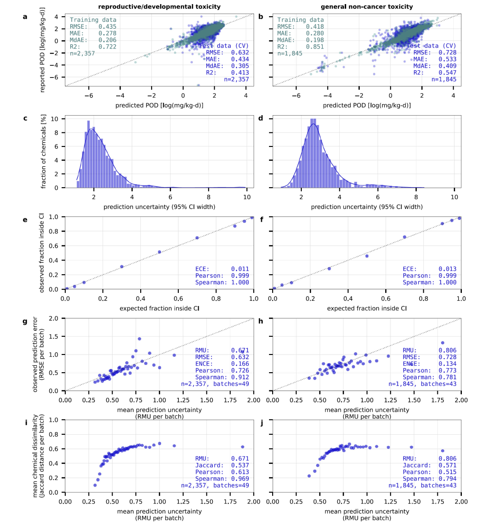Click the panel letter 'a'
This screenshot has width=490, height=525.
[25, 17]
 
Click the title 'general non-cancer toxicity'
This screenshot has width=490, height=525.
[367, 7]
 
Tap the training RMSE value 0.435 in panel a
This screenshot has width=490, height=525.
[107, 27]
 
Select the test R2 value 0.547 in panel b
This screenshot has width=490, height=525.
[447, 73]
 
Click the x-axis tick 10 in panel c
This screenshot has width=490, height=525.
[247, 197]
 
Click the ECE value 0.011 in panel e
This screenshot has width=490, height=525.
[240, 269]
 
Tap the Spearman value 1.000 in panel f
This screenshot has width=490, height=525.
[447, 282]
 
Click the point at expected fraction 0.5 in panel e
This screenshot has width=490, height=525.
[159, 252]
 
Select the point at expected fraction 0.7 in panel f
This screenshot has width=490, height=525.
[405, 237]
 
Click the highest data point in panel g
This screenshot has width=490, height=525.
[139, 339]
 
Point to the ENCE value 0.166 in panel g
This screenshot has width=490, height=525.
[240, 364]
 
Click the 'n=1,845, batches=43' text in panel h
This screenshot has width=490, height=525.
[422, 384]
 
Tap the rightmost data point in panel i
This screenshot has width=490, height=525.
[242, 447]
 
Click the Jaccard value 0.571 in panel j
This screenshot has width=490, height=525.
[447, 465]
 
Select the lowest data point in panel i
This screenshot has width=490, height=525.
[95, 485]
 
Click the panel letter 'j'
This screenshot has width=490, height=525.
[261, 423]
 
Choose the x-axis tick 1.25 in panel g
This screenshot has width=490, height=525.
[183, 400]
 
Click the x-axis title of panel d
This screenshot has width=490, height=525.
[367, 207]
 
